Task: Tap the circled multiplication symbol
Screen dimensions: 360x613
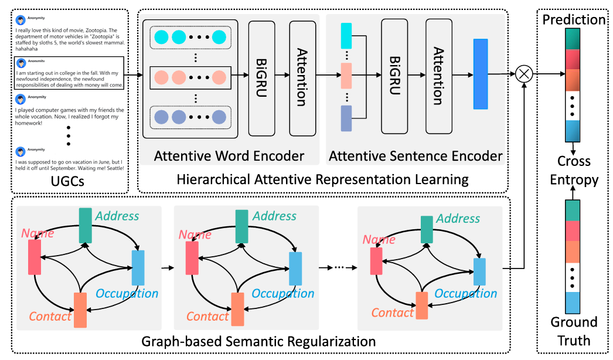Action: [523, 74]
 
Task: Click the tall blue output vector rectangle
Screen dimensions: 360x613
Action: [480, 74]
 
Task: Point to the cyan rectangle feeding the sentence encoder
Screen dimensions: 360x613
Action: [346, 36]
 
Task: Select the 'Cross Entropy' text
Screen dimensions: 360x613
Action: [574, 170]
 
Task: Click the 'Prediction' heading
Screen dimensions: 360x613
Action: [574, 19]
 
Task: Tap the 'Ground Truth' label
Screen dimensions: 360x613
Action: [574, 331]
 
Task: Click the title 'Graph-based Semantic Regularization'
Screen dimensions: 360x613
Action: [260, 341]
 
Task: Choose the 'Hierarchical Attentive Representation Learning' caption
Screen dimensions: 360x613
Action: [323, 179]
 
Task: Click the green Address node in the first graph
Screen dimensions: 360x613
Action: [86, 225]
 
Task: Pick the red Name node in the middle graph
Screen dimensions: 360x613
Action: [192, 257]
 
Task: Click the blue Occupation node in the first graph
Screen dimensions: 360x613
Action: [138, 267]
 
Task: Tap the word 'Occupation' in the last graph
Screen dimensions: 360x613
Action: [466, 293]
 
